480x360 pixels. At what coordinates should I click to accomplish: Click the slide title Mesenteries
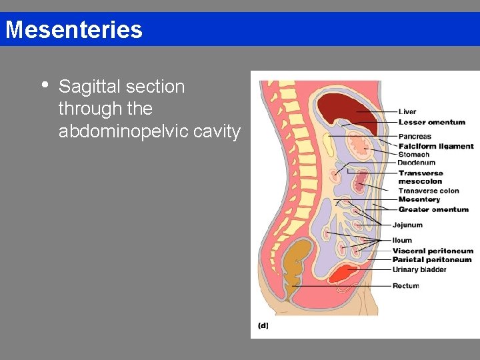[x=73, y=30]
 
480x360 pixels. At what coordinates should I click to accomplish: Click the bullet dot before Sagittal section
[x=44, y=85]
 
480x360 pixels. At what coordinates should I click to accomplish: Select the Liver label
[x=407, y=112]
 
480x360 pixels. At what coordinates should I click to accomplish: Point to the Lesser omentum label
[x=431, y=122]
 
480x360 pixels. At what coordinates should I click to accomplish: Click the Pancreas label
[x=415, y=137]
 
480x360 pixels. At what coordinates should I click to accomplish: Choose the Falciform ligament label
[x=436, y=146]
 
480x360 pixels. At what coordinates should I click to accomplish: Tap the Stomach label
[x=414, y=155]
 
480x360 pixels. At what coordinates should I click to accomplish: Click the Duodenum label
[x=416, y=163]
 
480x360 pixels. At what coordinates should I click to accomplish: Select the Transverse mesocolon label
[x=421, y=177]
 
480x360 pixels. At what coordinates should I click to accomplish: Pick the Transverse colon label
[x=429, y=191]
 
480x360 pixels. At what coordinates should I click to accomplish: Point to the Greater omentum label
[x=433, y=209]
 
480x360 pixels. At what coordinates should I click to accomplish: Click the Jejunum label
[x=407, y=225]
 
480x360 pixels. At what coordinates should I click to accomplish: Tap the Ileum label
[x=402, y=240]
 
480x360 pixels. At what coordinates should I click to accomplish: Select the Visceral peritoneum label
[x=433, y=251]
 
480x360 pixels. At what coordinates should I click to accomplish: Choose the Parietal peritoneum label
[x=432, y=259]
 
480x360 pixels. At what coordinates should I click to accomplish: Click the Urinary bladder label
[x=419, y=269]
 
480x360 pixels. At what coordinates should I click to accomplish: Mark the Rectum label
[x=405, y=286]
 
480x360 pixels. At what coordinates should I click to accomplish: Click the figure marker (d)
[x=263, y=325]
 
